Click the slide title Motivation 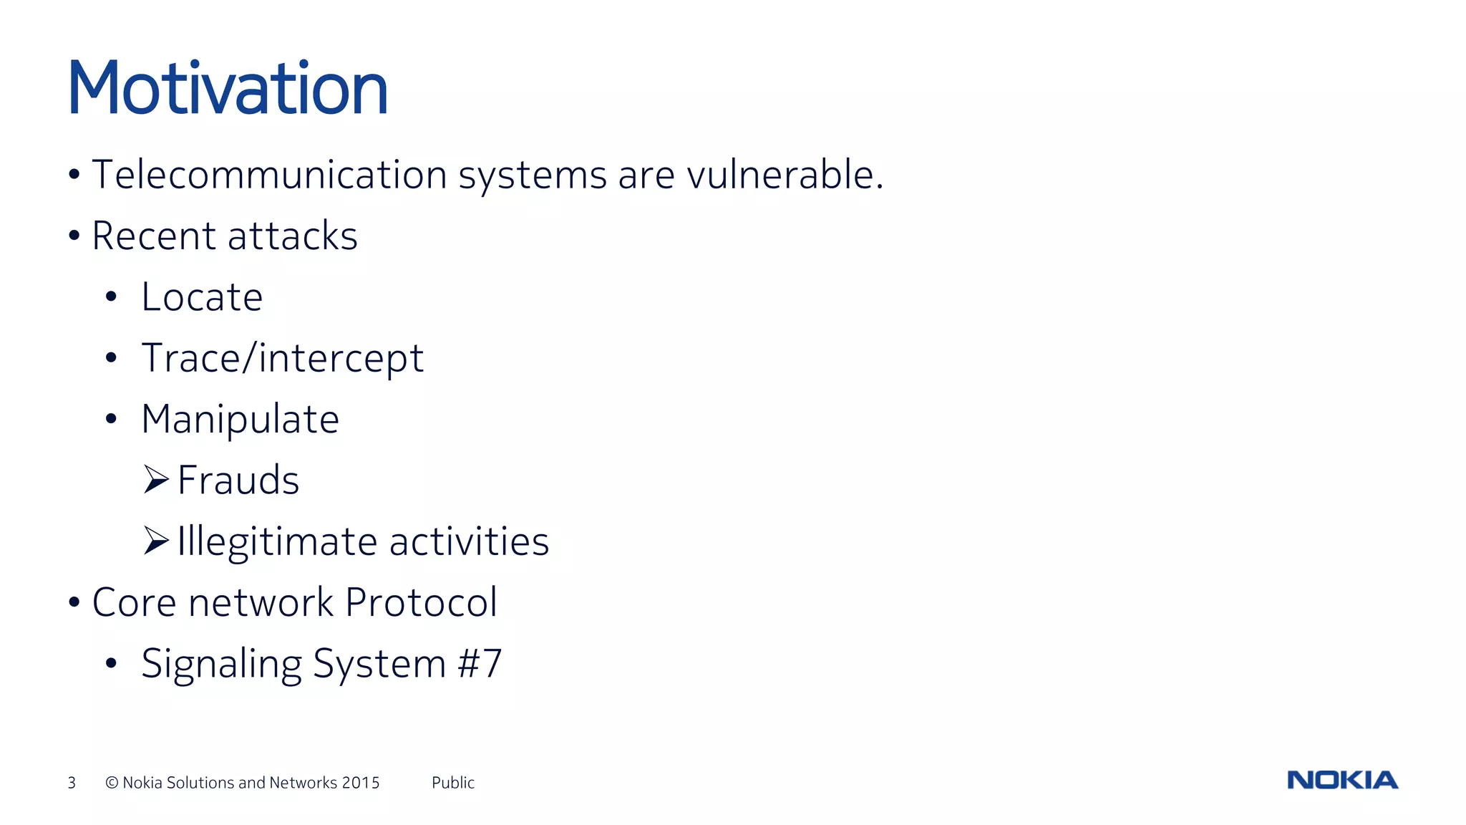(x=228, y=89)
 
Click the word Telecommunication (x=270, y=175)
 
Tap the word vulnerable (x=785, y=175)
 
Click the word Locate (x=202, y=297)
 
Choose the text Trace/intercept (x=282, y=358)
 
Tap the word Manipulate (x=240, y=420)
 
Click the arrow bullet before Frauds (x=156, y=480)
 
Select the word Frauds (x=238, y=481)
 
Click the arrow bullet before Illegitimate (x=156, y=541)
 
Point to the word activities (x=469, y=541)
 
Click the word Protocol (x=421, y=602)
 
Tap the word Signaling (x=221, y=664)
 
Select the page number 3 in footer (x=72, y=783)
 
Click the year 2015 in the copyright (x=361, y=783)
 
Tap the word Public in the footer (x=452, y=783)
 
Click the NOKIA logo (x=1342, y=780)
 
